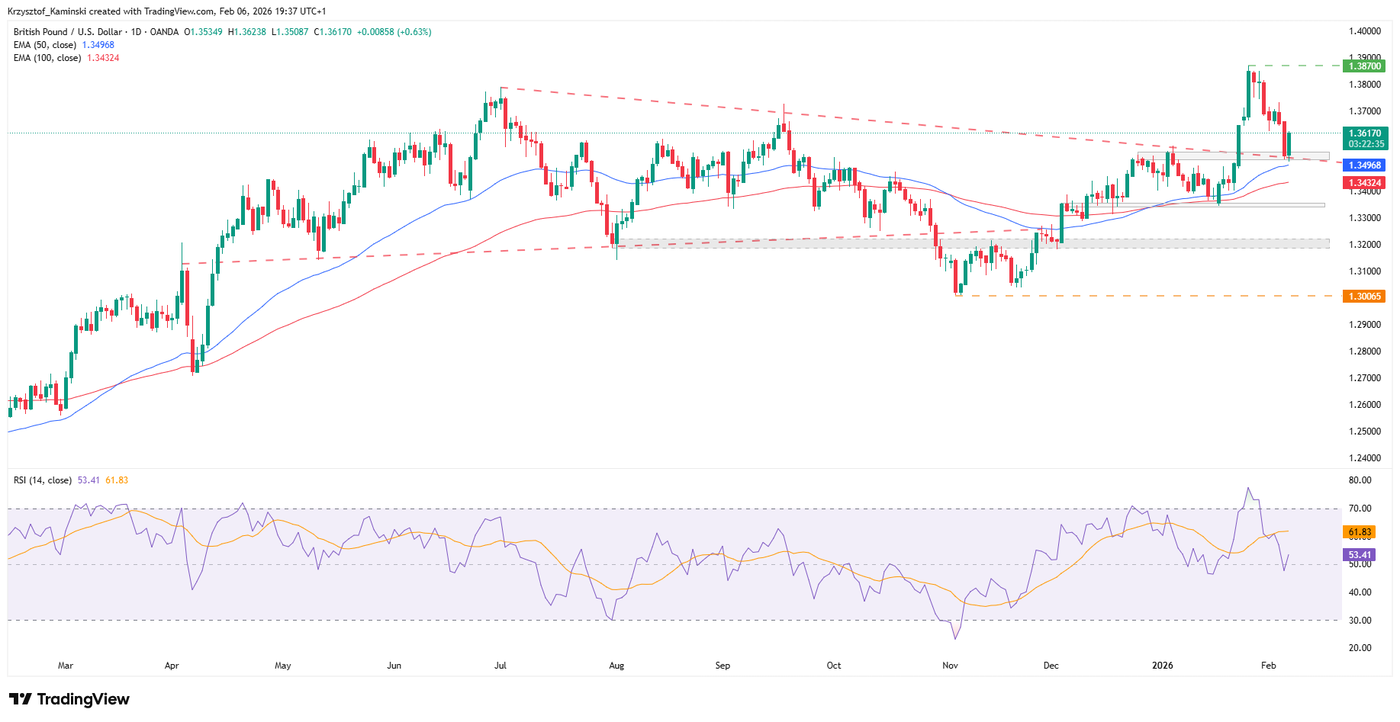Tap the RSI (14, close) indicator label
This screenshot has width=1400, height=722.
42,480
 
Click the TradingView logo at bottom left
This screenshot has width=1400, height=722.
69,699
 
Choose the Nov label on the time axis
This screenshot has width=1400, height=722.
950,665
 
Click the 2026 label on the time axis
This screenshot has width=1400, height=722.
1161,665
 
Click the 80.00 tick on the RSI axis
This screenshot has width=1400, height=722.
1359,480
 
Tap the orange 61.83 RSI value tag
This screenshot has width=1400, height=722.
1361,533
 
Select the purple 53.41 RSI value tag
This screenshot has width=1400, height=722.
1361,554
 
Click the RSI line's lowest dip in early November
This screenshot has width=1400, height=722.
955,639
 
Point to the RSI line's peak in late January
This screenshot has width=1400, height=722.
1248,488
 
